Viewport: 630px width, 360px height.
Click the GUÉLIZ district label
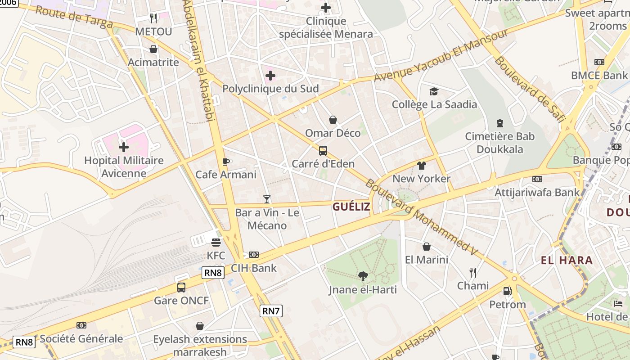coord(351,207)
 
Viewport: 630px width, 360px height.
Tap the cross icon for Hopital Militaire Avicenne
coord(124,147)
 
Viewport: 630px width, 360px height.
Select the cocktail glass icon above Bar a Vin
coord(267,199)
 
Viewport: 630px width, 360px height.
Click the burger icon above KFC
coord(216,243)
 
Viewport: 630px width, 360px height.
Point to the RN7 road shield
coord(271,310)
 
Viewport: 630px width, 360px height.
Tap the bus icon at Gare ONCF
coord(181,287)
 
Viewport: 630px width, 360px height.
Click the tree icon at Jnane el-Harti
coord(363,276)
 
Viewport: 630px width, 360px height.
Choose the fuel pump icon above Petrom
coord(508,291)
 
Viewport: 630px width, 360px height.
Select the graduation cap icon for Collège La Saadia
coord(434,91)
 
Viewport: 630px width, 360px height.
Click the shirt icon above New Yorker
coord(421,165)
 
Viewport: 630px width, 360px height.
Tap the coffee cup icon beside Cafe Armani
coord(226,162)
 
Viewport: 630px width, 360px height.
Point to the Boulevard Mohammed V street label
coord(421,217)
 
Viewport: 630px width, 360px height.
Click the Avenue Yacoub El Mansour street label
coord(441,55)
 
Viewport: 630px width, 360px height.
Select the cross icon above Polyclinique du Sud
coord(270,76)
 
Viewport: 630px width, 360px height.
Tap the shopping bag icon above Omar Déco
coord(333,120)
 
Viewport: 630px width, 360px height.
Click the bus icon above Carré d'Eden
coord(323,151)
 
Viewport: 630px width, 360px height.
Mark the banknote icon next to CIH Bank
coord(254,255)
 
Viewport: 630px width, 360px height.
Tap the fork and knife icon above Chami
coord(473,272)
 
